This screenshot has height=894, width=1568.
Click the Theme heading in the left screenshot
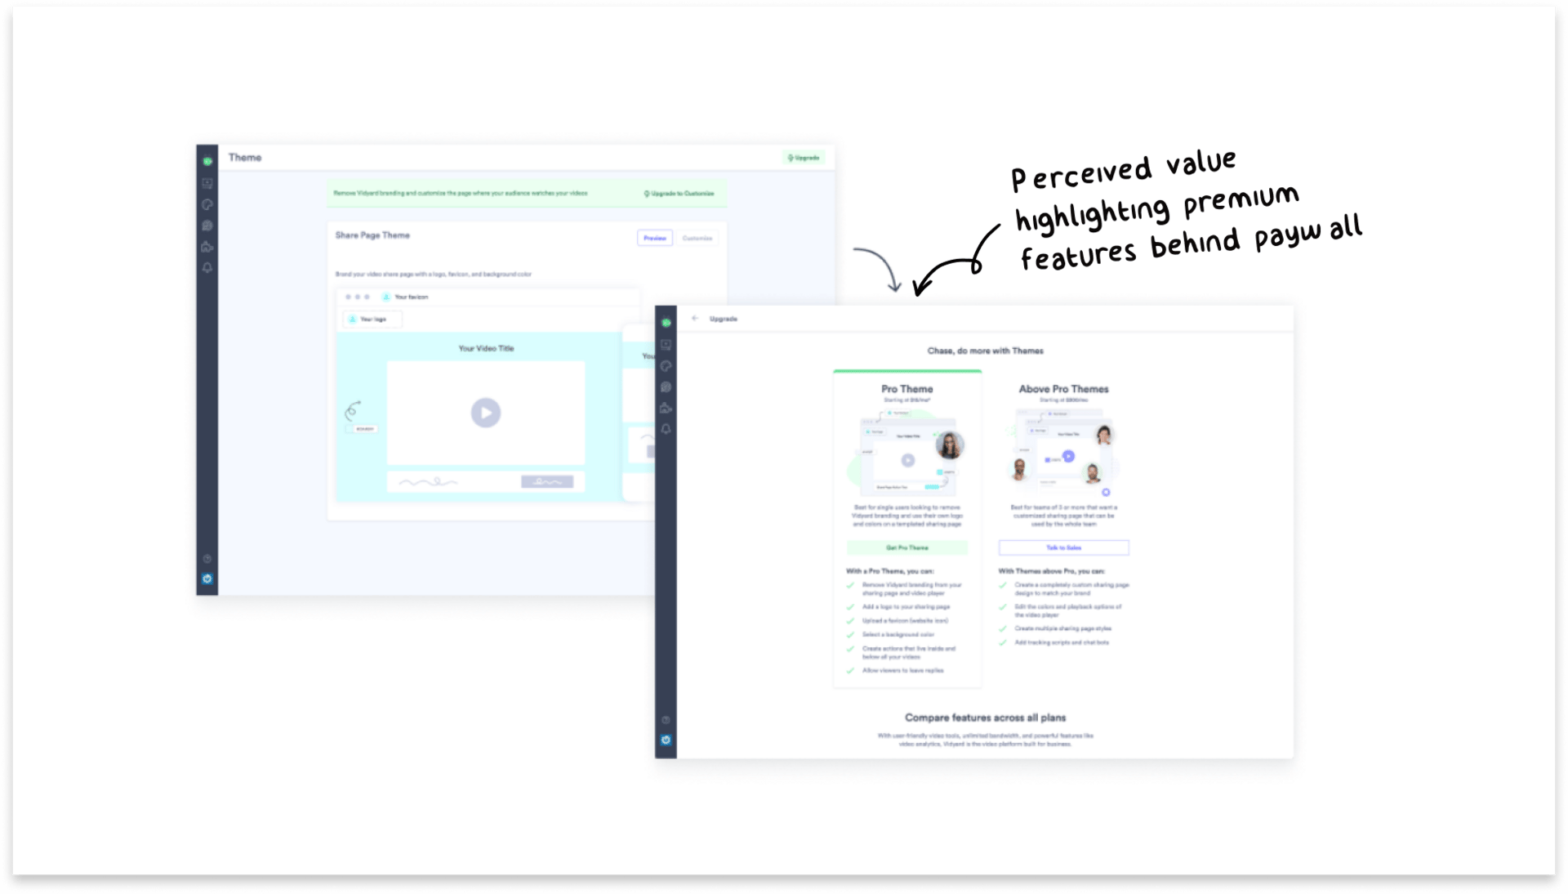tap(245, 158)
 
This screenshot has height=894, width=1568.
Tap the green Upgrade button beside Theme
tap(804, 158)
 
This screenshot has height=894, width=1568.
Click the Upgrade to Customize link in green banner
tap(679, 194)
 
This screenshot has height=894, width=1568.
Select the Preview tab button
tap(654, 238)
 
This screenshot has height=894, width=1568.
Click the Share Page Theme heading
tap(372, 235)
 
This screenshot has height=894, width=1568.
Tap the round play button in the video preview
tap(486, 413)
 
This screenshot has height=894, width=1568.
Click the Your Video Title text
tap(486, 349)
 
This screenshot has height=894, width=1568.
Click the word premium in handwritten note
tap(1241, 200)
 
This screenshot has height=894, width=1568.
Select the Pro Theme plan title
tap(906, 389)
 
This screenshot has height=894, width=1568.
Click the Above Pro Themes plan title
tap(1063, 389)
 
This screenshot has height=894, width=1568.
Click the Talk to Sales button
tap(1063, 548)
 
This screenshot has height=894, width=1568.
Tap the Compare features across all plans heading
tap(985, 717)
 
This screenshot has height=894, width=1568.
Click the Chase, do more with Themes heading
tap(985, 351)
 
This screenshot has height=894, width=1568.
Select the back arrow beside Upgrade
tap(695, 319)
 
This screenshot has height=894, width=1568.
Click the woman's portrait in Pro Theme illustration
tap(949, 445)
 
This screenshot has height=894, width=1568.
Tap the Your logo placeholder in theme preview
tap(372, 320)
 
